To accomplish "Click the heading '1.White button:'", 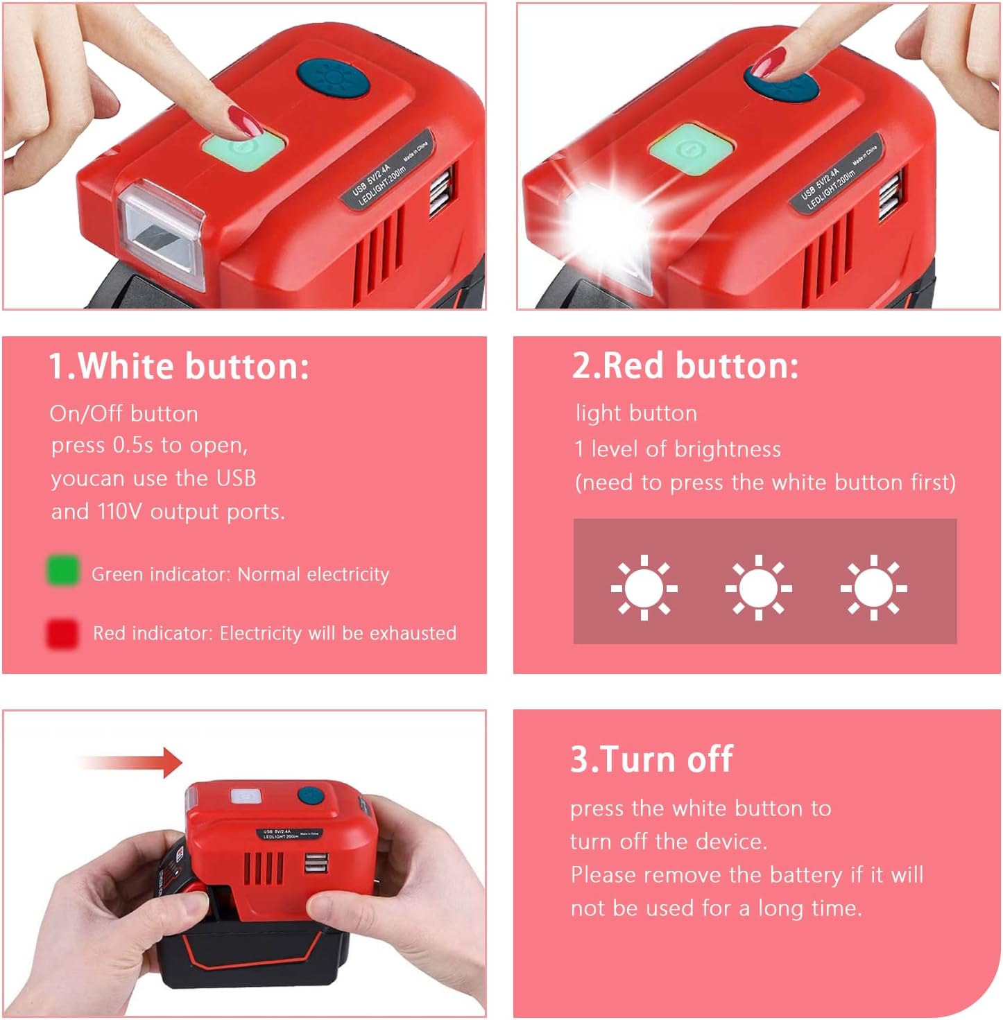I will click(178, 365).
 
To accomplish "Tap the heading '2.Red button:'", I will click(685, 365).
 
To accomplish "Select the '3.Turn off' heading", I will click(651, 759).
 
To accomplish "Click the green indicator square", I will click(62, 571).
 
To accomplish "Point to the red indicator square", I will click(62, 633).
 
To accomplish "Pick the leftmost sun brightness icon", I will click(644, 588).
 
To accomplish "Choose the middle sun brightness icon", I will click(758, 588).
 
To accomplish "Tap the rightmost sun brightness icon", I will click(873, 588).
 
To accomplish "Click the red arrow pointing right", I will click(132, 763).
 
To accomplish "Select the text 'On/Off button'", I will click(124, 414).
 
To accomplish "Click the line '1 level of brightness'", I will click(678, 449).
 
